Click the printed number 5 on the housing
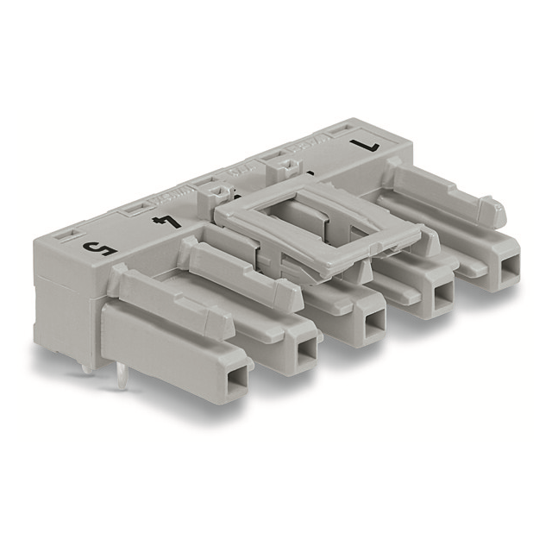[x=96, y=249]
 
